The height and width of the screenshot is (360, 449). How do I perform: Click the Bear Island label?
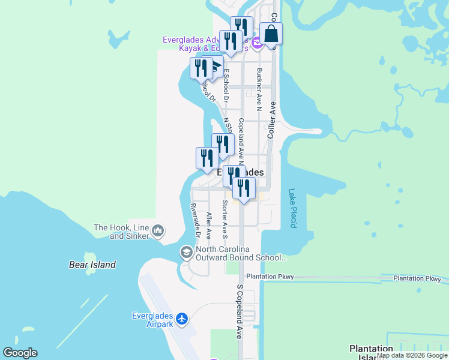[x=91, y=264]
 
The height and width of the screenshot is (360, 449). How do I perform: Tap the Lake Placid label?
[x=292, y=208]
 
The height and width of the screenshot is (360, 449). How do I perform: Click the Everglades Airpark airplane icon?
[x=182, y=317]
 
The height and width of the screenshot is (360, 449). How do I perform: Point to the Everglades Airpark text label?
[x=152, y=320]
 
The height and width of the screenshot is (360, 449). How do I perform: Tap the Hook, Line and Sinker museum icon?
[x=158, y=230]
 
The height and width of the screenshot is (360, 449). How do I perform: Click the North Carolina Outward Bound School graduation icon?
[x=187, y=253]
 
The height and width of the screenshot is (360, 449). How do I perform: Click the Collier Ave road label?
[x=271, y=120]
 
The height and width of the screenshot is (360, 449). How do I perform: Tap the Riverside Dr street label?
[x=194, y=220]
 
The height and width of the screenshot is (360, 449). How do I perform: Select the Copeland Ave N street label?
[x=241, y=139]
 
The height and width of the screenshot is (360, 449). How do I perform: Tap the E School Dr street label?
[x=226, y=84]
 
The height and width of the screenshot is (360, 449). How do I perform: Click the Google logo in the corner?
[x=20, y=353]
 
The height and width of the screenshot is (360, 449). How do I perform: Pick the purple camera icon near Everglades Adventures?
[x=256, y=41]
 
